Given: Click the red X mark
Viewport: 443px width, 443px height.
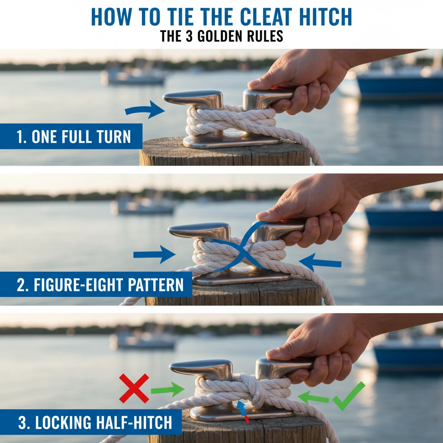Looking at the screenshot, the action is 134,388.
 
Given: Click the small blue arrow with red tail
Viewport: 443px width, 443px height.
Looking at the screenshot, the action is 242,411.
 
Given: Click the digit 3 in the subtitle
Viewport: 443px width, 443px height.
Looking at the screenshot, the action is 189,36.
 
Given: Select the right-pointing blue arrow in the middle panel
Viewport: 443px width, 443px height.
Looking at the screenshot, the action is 154,254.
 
